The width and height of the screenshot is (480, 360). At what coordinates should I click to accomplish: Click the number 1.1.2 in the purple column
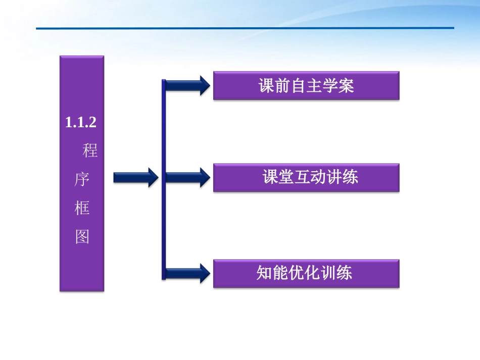click(81, 123)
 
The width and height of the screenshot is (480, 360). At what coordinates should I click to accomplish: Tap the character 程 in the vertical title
click(90, 150)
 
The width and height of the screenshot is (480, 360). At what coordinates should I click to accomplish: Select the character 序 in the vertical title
click(82, 179)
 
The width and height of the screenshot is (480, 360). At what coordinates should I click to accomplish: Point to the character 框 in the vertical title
click(82, 208)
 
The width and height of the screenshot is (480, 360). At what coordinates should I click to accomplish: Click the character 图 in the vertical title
click(82, 237)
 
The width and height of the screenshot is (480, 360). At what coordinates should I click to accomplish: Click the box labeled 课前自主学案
click(306, 85)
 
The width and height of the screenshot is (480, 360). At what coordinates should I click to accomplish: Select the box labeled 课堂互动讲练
click(306, 177)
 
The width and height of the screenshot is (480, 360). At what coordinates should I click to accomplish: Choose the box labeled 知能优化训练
click(306, 273)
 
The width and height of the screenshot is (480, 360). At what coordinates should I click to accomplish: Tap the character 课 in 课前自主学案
click(267, 85)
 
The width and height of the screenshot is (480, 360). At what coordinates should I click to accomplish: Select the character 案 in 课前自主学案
click(346, 85)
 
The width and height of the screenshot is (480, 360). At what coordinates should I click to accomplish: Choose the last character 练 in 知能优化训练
click(344, 273)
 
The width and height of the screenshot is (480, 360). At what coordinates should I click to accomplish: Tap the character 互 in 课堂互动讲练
click(302, 177)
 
